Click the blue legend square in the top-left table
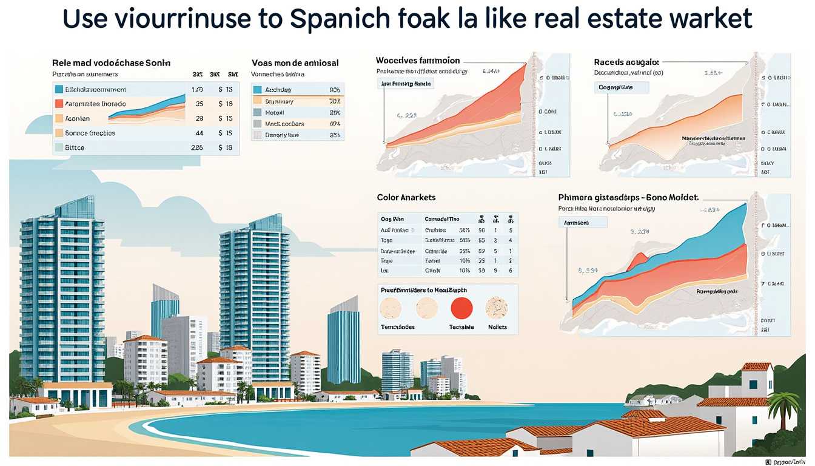59,89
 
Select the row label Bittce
75,147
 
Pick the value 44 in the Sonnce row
199,133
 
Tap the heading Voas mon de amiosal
295,62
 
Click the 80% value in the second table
334,90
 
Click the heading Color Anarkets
406,197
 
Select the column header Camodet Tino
442,219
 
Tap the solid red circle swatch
461,308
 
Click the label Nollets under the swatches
497,327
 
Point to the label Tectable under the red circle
461,327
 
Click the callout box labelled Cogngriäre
623,87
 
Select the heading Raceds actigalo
626,62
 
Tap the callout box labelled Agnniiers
582,223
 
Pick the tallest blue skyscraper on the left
62,291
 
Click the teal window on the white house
753,384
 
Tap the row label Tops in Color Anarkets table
387,240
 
